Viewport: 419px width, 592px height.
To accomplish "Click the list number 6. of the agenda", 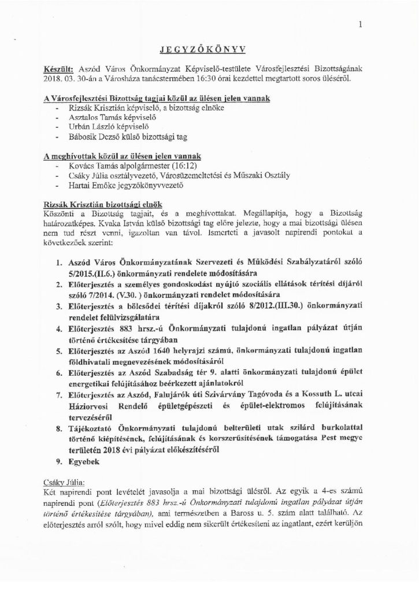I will point(60,374).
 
